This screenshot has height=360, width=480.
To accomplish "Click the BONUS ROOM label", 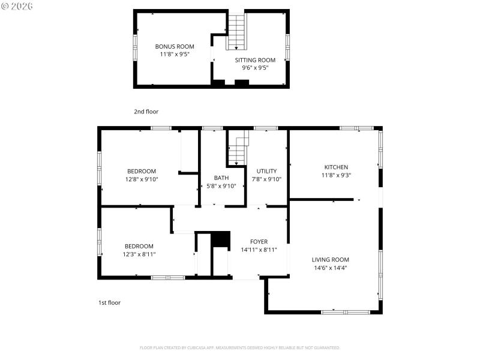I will click(x=175, y=46).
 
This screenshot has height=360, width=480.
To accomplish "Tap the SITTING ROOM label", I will click(x=254, y=60).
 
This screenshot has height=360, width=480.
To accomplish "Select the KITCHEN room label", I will click(x=336, y=167).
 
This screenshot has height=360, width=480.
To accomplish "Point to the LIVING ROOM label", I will click(x=330, y=260).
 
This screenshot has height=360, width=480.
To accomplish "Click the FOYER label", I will click(x=259, y=242).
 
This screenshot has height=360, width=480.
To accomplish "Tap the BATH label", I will click(x=221, y=178).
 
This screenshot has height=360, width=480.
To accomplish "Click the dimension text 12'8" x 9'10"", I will click(x=142, y=179).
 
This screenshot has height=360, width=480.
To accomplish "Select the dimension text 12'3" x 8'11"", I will click(x=139, y=254).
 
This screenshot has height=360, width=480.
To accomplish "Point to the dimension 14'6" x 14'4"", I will click(x=330, y=268).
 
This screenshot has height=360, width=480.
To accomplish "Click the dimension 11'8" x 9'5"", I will click(x=175, y=54).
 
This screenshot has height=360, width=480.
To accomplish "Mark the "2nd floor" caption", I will click(x=146, y=112).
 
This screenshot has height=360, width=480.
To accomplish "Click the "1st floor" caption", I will click(x=109, y=303).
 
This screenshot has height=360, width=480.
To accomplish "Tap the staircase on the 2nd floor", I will click(x=237, y=32).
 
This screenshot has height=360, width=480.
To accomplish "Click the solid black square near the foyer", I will click(x=221, y=239).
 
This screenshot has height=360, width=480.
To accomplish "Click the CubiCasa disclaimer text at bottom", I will click(x=240, y=347).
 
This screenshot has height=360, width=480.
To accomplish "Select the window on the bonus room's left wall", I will click(x=134, y=47).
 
